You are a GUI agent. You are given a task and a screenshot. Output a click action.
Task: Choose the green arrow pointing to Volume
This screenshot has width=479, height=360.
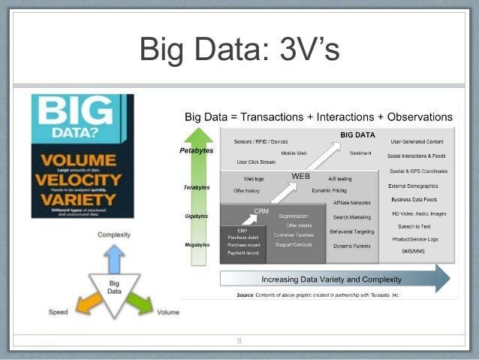[x=139, y=302]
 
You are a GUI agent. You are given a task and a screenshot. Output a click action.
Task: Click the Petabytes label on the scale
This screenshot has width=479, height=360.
[x=197, y=150]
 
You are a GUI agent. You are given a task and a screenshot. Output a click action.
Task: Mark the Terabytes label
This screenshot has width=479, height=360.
[x=197, y=187]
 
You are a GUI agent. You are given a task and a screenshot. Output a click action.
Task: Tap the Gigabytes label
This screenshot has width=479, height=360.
[x=197, y=216]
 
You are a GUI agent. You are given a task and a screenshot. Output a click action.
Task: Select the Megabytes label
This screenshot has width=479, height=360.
[x=197, y=245]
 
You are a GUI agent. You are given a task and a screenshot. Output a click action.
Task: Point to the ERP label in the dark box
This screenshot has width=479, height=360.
[x=243, y=231]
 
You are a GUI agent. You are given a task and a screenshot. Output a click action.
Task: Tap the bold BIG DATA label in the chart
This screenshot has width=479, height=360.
[x=357, y=135]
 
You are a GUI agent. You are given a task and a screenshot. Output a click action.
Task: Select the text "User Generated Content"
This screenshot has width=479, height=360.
[x=417, y=141]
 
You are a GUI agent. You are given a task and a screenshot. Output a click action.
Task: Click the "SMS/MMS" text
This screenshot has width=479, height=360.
[x=413, y=251]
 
